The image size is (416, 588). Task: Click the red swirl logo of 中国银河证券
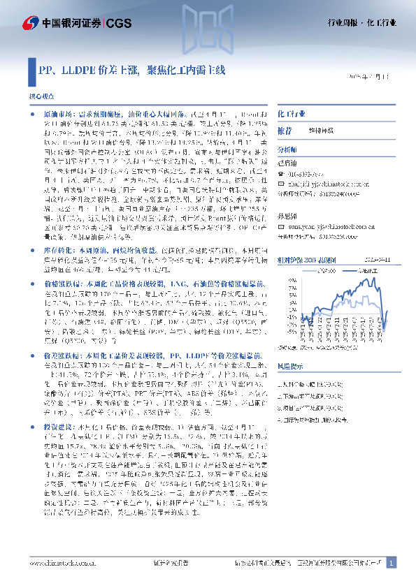coord(29,24)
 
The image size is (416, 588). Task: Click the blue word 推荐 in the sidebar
coord(285,131)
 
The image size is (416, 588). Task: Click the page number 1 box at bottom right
coord(392,562)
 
